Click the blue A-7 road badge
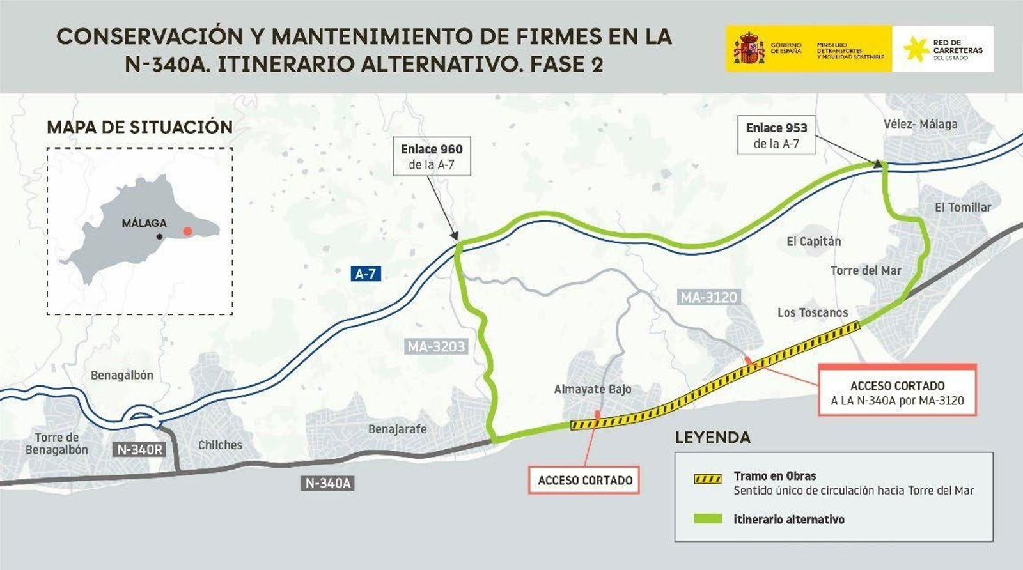pyautogui.click(x=366, y=274)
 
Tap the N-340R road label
pyautogui.click(x=139, y=449)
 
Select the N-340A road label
pyautogui.click(x=327, y=483)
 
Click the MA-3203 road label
pyautogui.click(x=437, y=347)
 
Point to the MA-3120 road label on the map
pyautogui.click(x=708, y=297)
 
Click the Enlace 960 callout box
pyautogui.click(x=432, y=157)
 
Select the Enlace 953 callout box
pyautogui.click(x=776, y=135)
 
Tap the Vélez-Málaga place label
pyautogui.click(x=920, y=124)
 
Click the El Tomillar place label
pyautogui.click(x=962, y=207)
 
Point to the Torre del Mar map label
pyautogui.click(x=866, y=271)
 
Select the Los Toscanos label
pyautogui.click(x=813, y=312)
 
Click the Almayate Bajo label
pyautogui.click(x=592, y=389)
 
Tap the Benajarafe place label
pyautogui.click(x=397, y=429)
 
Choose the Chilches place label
pyautogui.click(x=220, y=445)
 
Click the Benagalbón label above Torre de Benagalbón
pyautogui.click(x=121, y=375)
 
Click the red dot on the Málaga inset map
pyautogui.click(x=187, y=231)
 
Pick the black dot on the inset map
pyautogui.click(x=160, y=236)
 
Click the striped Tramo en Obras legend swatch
pyautogui.click(x=708, y=479)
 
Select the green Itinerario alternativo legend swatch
pyautogui.click(x=708, y=519)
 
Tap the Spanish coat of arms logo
pyautogui.click(x=749, y=49)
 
